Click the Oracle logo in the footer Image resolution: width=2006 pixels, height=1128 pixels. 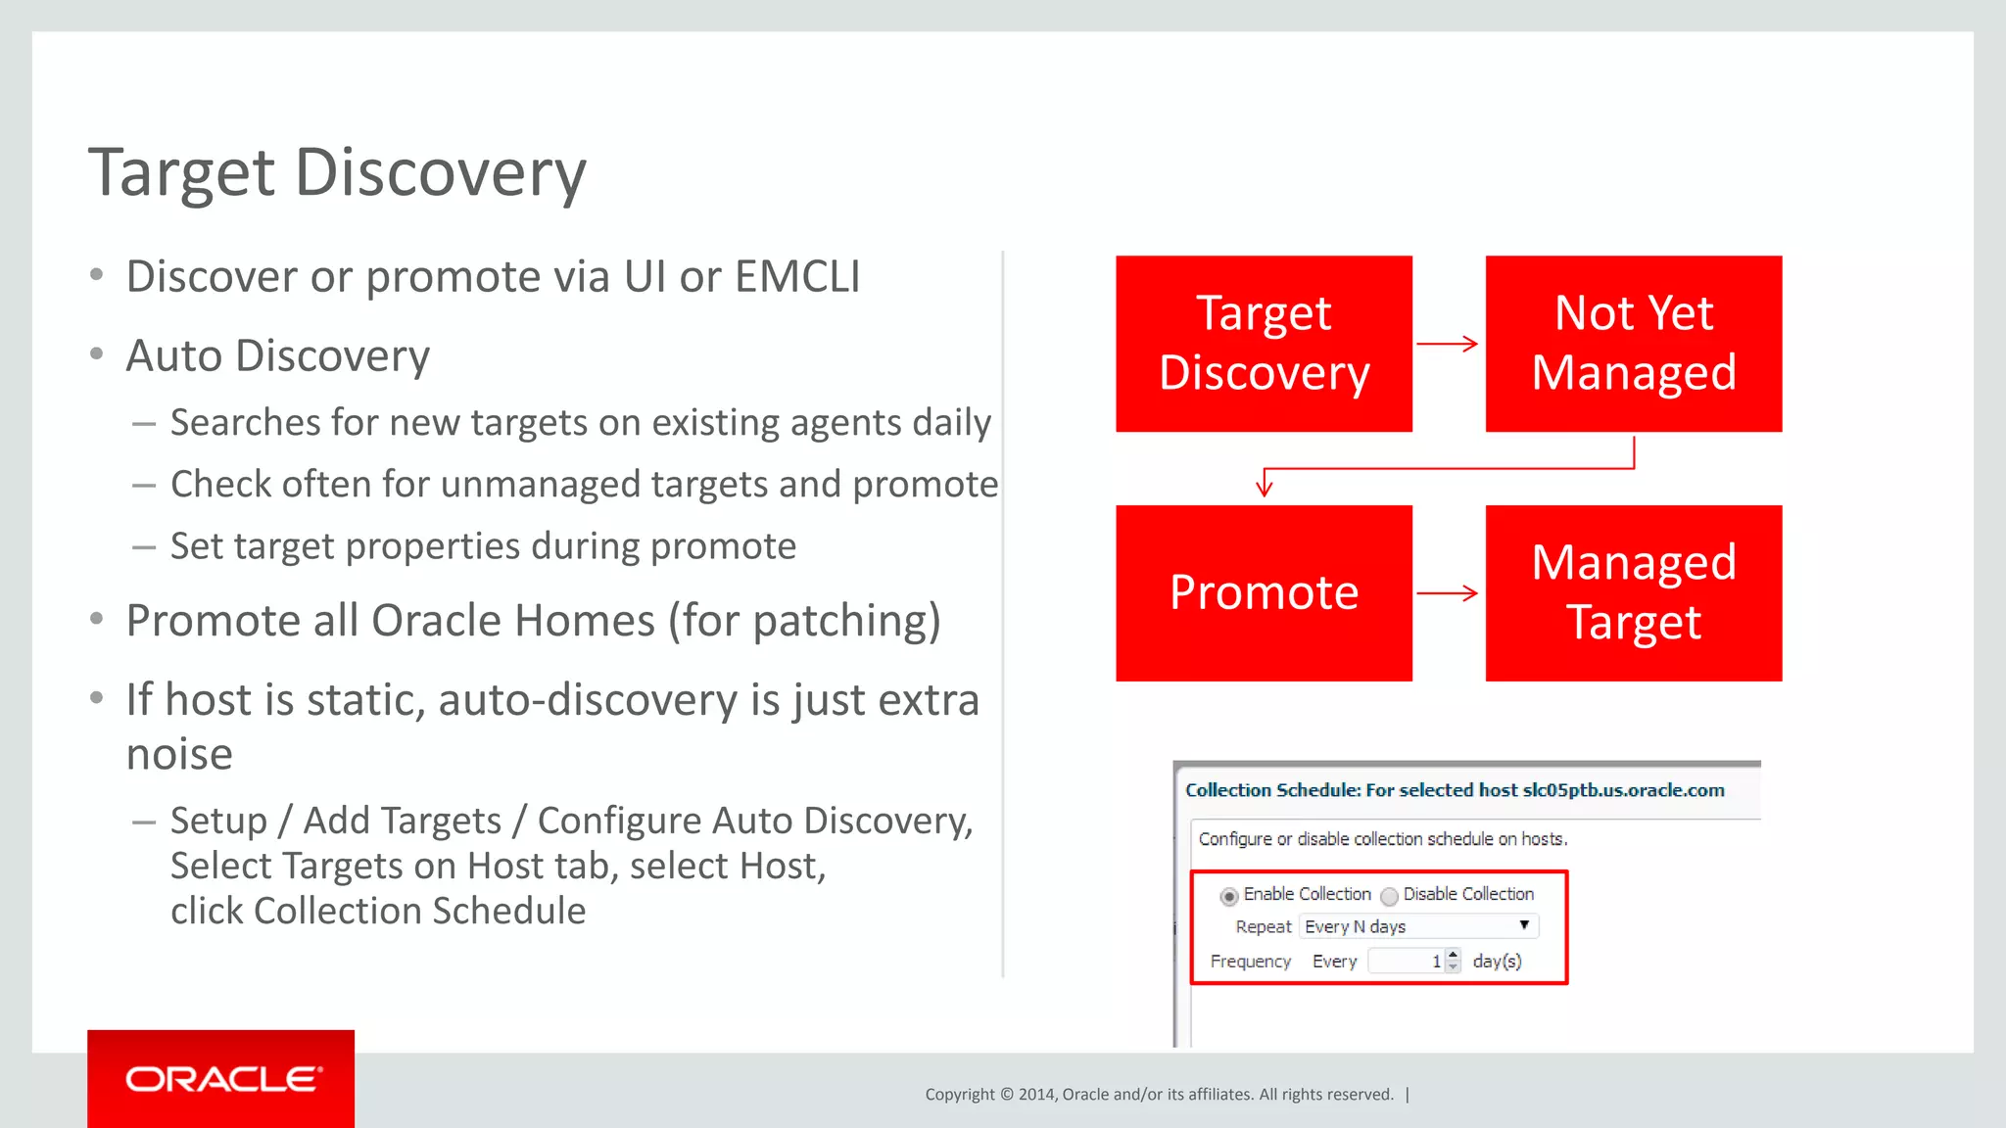222,1079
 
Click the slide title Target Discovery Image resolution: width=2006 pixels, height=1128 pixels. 337,173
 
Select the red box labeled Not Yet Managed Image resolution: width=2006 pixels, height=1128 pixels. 1633,344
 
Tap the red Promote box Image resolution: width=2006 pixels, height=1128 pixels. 1264,592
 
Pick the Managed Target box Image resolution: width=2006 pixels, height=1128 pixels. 1633,592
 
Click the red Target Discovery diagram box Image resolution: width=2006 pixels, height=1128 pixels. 1264,344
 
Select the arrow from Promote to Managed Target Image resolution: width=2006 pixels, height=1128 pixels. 1448,592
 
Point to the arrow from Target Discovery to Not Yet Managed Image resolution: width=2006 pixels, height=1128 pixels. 1448,344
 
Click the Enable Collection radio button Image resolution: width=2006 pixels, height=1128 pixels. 1228,896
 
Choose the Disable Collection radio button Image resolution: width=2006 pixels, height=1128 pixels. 1389,896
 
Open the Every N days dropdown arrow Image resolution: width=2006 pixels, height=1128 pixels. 1524,925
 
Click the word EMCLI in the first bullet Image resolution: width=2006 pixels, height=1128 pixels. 797,277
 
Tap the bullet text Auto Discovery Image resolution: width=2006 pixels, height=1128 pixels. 278,356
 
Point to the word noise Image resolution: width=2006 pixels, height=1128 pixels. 179,754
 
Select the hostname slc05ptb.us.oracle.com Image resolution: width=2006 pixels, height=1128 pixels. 1623,790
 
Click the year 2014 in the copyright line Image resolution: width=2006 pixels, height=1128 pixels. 1036,1095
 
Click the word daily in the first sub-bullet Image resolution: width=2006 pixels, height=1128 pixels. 951,423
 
